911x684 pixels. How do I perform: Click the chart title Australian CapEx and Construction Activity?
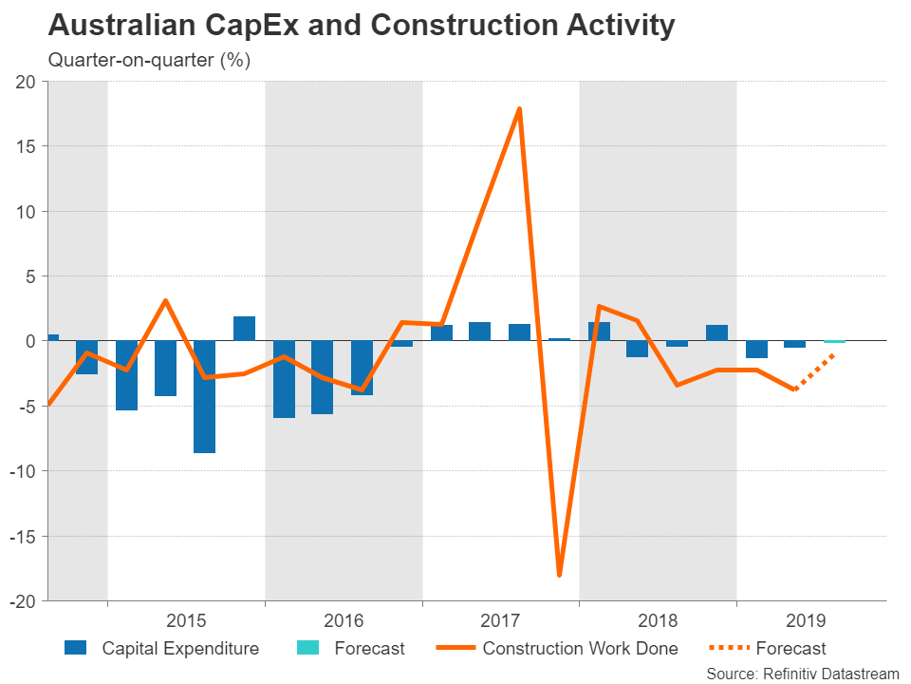362,26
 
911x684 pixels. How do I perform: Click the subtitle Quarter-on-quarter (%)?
149,61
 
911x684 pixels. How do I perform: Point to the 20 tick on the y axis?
25,82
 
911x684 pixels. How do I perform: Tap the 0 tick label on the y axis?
29,341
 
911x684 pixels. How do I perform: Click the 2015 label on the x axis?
186,621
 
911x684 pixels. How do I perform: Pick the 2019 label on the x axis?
806,621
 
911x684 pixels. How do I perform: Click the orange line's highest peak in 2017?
519,109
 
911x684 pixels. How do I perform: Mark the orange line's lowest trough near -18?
559,574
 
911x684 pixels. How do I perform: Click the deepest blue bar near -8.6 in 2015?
205,396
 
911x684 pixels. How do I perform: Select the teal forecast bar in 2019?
834,341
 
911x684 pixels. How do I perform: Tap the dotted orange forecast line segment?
814,371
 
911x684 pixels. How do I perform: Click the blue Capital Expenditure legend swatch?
76,649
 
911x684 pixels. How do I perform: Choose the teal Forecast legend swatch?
307,649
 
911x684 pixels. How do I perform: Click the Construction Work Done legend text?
580,649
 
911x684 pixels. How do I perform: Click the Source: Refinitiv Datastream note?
802,673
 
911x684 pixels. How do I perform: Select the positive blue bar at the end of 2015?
244,328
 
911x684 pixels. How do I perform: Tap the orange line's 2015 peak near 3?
166,301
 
